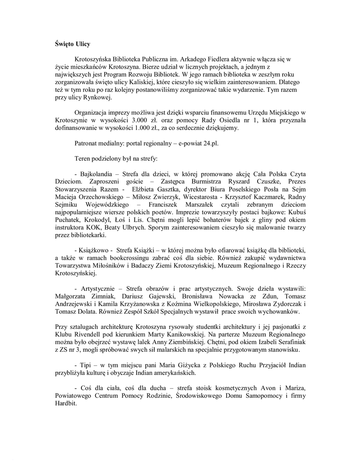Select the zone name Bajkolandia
click(x=97, y=174)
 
